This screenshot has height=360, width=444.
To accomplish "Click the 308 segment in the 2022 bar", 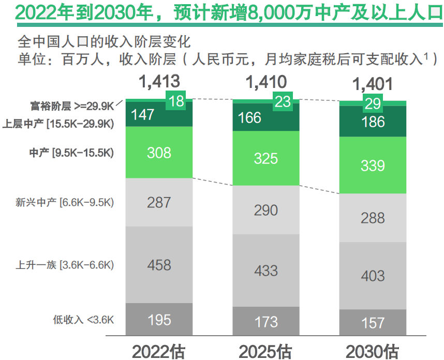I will click(x=158, y=153).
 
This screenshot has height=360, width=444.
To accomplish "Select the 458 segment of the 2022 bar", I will click(x=158, y=265).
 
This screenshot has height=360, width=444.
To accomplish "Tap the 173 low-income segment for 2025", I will click(x=266, y=322).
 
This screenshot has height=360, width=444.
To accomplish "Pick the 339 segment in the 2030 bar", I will click(x=373, y=166).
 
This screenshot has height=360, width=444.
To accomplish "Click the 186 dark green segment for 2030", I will click(x=373, y=122).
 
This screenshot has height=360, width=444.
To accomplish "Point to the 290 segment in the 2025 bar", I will click(x=266, y=211).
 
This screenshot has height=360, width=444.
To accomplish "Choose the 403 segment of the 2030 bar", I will click(x=373, y=275).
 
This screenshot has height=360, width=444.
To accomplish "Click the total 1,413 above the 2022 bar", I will click(x=158, y=81).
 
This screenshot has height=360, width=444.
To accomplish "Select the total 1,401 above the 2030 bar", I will click(x=373, y=84).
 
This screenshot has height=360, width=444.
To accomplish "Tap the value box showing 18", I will click(x=176, y=101).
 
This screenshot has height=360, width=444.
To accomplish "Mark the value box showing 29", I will click(x=373, y=103).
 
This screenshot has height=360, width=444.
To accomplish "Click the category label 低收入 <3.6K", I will click(x=83, y=320).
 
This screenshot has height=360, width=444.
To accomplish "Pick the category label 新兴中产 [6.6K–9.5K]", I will click(x=65, y=202).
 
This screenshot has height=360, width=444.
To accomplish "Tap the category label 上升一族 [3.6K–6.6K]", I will click(x=65, y=265).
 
